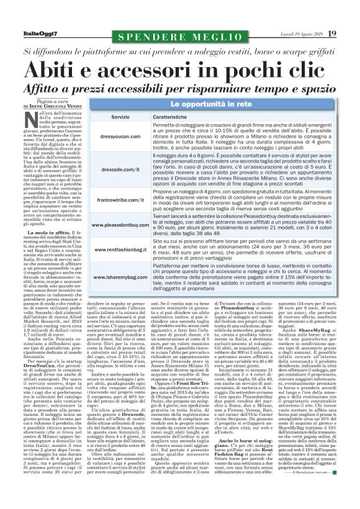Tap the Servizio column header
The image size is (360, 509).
click(120, 117)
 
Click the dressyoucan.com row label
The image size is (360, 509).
click(119, 135)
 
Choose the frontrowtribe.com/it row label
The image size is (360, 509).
click(119, 199)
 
